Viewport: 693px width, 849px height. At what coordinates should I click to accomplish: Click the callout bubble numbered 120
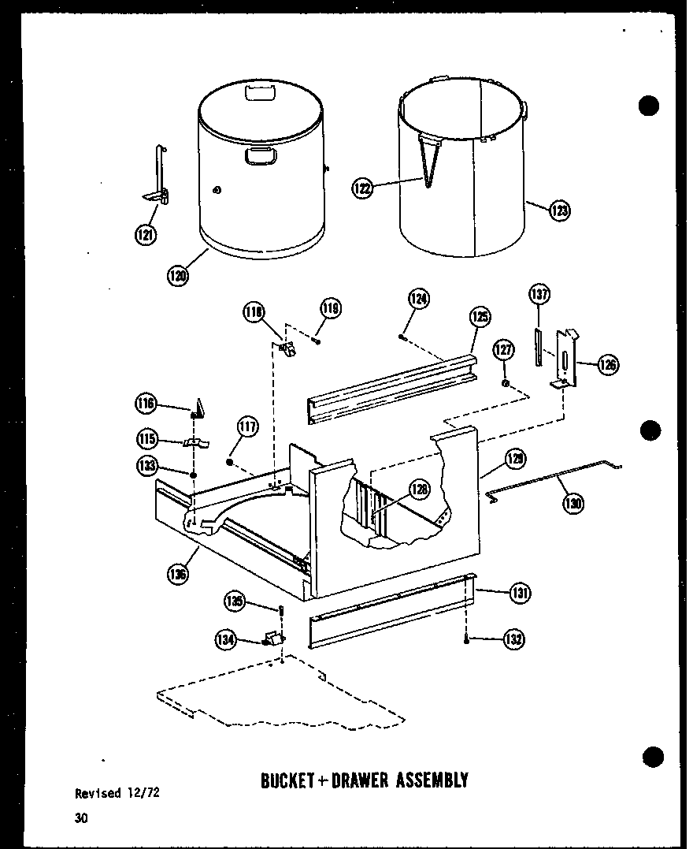tap(178, 275)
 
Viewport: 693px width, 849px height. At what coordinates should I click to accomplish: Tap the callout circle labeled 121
tap(146, 234)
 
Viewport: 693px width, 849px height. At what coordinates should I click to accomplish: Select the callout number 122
tap(362, 188)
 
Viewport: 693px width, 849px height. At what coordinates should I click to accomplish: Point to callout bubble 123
tap(560, 210)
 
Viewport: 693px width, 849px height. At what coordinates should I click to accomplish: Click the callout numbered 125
tap(480, 317)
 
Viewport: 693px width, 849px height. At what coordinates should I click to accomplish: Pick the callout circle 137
tap(539, 294)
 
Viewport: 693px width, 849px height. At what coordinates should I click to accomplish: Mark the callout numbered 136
tap(178, 574)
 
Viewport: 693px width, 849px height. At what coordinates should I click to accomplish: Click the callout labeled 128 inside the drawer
tap(420, 490)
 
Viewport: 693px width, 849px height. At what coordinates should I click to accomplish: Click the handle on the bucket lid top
tap(258, 92)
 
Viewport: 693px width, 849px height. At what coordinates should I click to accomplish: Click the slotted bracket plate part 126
tap(565, 359)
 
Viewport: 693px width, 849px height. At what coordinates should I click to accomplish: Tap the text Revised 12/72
tap(117, 793)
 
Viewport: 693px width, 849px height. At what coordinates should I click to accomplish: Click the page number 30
tap(82, 817)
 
